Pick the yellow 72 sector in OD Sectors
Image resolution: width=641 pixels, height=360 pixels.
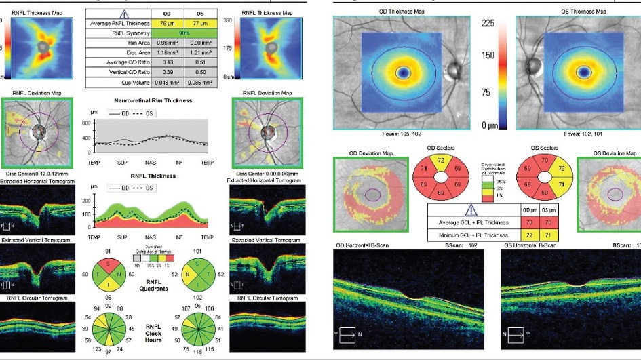[x=441, y=161]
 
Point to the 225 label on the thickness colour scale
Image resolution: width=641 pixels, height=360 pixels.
[x=488, y=23]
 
